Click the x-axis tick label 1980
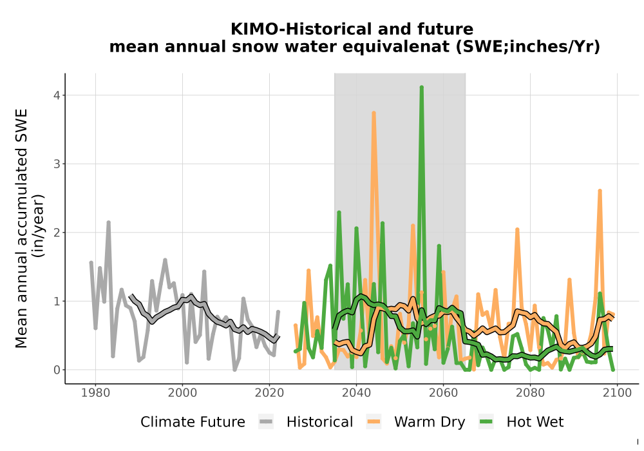pyautogui.click(x=96, y=393)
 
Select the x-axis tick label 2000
pyautogui.click(x=182, y=393)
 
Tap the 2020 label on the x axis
pyautogui.click(x=269, y=393)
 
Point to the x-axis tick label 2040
pyautogui.click(x=357, y=393)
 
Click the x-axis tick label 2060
pyautogui.click(x=443, y=393)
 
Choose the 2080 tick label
pyautogui.click(x=530, y=393)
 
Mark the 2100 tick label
pyautogui.click(x=617, y=393)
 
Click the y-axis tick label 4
pyautogui.click(x=57, y=95)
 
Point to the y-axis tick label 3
pyautogui.click(x=57, y=164)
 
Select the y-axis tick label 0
pyautogui.click(x=57, y=370)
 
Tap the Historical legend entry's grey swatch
pyautogui.click(x=266, y=422)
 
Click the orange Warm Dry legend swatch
pyautogui.click(x=374, y=422)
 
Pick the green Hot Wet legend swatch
pyautogui.click(x=486, y=422)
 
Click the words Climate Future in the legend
pyautogui.click(x=193, y=422)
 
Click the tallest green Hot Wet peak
pyautogui.click(x=421, y=88)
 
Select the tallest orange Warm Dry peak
pyautogui.click(x=374, y=113)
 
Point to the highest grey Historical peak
pyautogui.click(x=108, y=223)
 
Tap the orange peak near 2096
pyautogui.click(x=600, y=191)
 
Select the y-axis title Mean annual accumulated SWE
pyautogui.click(x=21, y=228)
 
